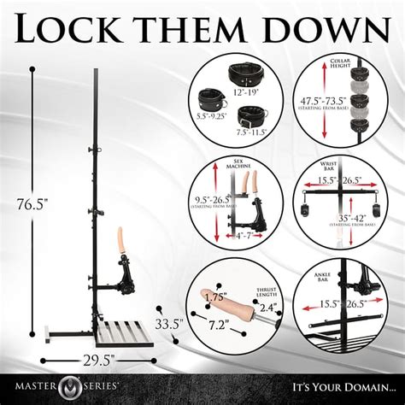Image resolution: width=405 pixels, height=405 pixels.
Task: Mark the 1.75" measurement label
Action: click(x=217, y=299)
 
